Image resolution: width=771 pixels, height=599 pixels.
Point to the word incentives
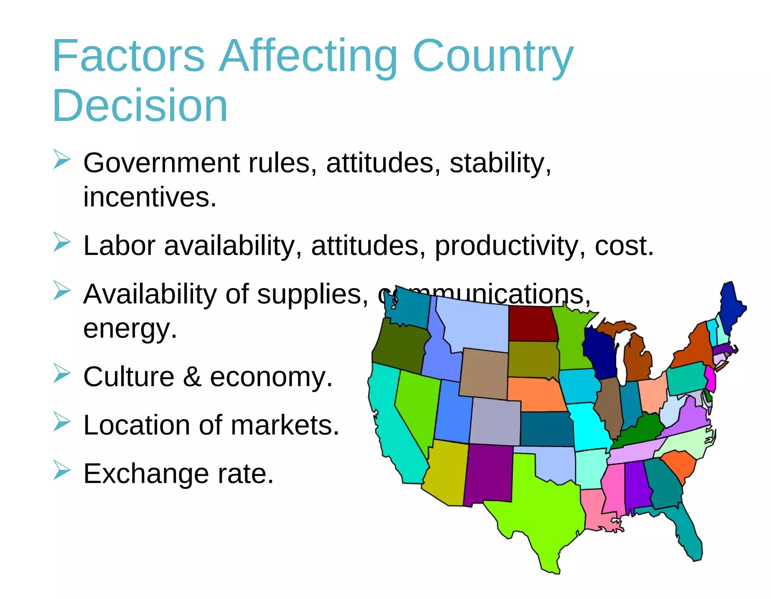click(x=150, y=197)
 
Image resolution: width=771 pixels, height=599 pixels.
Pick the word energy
click(x=130, y=328)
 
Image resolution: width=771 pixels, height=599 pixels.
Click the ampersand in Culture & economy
click(x=192, y=377)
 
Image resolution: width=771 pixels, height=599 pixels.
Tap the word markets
click(x=285, y=425)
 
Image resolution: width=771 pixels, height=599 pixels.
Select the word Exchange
click(x=146, y=474)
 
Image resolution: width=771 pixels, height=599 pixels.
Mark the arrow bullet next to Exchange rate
click(x=62, y=470)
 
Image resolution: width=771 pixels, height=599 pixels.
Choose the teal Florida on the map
click(x=689, y=534)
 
